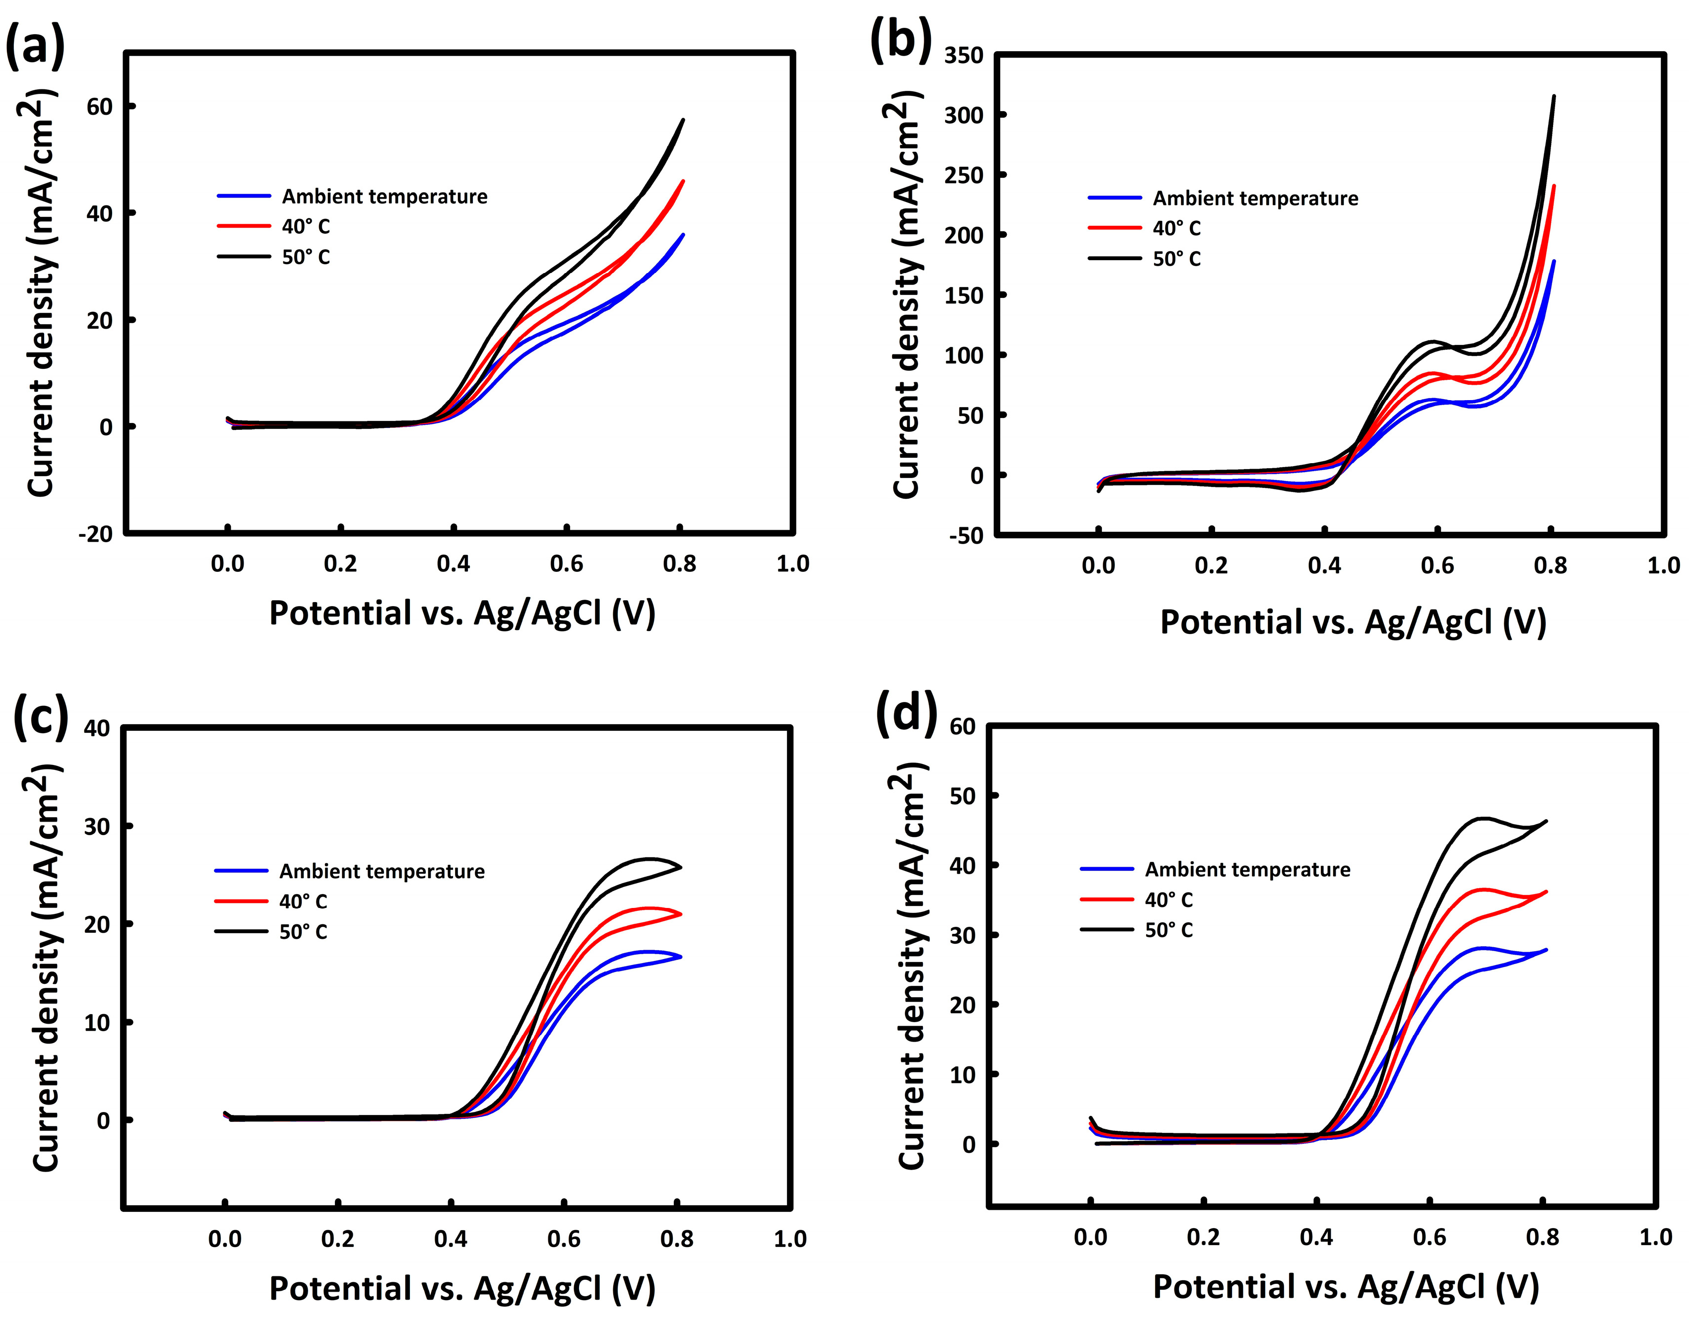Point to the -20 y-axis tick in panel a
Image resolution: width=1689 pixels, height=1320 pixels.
94,534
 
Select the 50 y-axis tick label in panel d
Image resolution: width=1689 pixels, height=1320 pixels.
963,795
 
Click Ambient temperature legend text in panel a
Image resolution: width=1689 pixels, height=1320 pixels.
385,197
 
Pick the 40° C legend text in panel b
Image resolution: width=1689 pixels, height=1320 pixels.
1176,228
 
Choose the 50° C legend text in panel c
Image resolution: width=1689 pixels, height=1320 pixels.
303,932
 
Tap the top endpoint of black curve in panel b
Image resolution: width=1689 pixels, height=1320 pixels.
1554,118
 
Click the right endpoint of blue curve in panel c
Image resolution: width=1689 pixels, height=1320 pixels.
681,957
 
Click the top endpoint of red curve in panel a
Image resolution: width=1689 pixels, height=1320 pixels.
683,181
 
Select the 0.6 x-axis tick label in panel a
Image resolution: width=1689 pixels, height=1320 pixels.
566,564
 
